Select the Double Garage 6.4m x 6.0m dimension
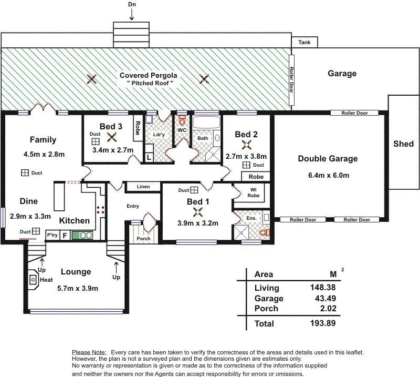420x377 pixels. [x=327, y=175]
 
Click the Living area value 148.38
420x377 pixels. [x=320, y=288]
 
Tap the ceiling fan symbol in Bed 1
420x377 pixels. [x=198, y=212]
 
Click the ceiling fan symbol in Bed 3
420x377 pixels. [x=111, y=138]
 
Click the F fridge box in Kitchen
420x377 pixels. [x=65, y=236]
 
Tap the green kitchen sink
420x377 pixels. [x=82, y=236]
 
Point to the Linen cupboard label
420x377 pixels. [x=143, y=187]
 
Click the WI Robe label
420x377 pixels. [x=253, y=192]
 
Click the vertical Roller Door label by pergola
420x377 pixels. [x=292, y=79]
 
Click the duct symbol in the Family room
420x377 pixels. [x=25, y=172]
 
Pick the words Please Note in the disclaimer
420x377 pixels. [x=89, y=352]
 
